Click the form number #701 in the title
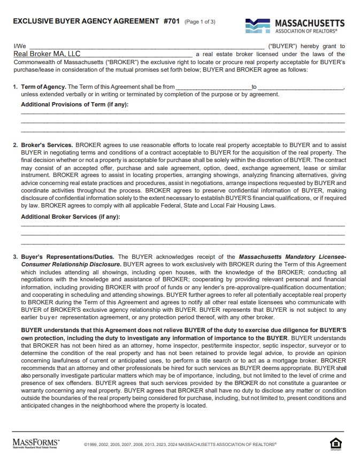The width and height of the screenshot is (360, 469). pyautogui.click(x=172, y=21)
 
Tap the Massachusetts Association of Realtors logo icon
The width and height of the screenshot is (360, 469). pyautogui.click(x=258, y=25)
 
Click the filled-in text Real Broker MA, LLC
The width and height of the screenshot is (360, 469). pyautogui.click(x=47, y=54)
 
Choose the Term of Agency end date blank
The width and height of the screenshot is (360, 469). pyautogui.click(x=300, y=87)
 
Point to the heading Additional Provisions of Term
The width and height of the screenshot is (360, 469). pyautogui.click(x=74, y=104)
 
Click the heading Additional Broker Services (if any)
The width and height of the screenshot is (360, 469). pyautogui.click(x=70, y=217)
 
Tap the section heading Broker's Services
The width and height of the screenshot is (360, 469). pyautogui.click(x=47, y=145)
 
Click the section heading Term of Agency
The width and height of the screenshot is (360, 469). pyautogui.click(x=43, y=87)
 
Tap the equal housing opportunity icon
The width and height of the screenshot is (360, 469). pyautogui.click(x=336, y=443)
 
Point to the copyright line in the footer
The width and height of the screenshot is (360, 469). pyautogui.click(x=180, y=444)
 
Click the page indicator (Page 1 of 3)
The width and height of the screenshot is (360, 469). pyautogui.click(x=200, y=22)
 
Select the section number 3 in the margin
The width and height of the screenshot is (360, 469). pyautogui.click(x=15, y=257)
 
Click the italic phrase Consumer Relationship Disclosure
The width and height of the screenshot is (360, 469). pyautogui.click(x=71, y=264)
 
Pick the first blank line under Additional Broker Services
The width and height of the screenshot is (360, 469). pyautogui.click(x=182, y=226)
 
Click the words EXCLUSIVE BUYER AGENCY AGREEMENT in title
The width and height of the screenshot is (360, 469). pyautogui.click(x=86, y=21)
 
